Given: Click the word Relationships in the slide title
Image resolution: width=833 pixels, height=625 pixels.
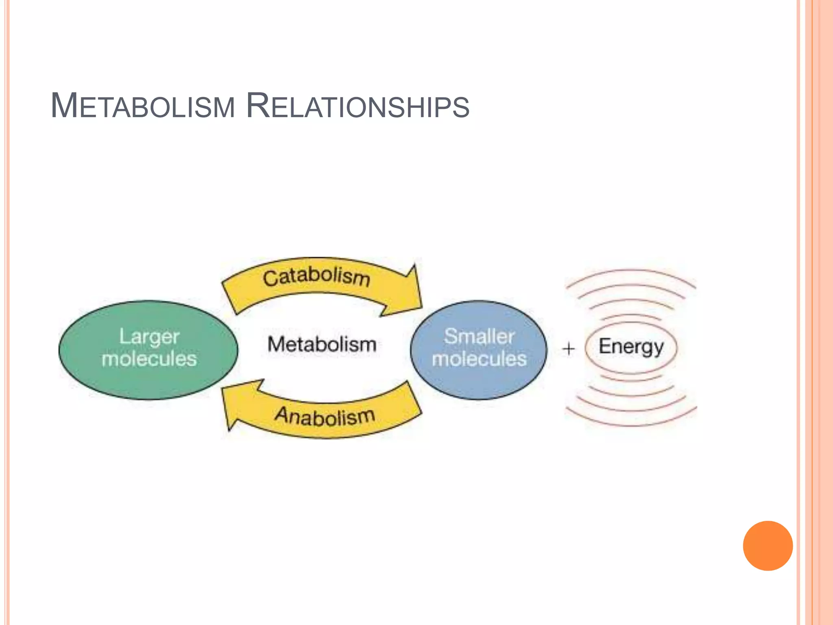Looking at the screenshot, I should (x=358, y=106).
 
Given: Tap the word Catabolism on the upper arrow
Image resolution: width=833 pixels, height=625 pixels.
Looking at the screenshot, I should (x=316, y=276).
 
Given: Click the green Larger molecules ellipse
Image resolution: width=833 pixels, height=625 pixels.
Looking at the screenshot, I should (x=148, y=382).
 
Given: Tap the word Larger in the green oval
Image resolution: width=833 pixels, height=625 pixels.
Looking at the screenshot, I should (x=149, y=337).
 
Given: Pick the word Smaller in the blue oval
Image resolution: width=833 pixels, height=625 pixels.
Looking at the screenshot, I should (x=479, y=336).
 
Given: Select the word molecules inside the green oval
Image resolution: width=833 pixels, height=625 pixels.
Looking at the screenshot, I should (x=149, y=359).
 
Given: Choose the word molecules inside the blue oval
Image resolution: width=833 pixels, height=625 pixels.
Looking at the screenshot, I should (x=479, y=359).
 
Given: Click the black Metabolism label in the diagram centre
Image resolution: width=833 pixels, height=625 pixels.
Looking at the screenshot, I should (x=322, y=345).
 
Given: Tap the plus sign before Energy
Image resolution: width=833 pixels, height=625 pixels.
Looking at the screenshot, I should (x=569, y=349).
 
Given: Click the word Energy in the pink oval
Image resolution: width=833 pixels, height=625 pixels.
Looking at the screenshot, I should (x=631, y=347).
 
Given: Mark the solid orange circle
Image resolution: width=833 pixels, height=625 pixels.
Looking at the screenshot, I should (x=768, y=546).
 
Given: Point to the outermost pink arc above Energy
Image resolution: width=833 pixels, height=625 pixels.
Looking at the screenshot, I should (x=630, y=270).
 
